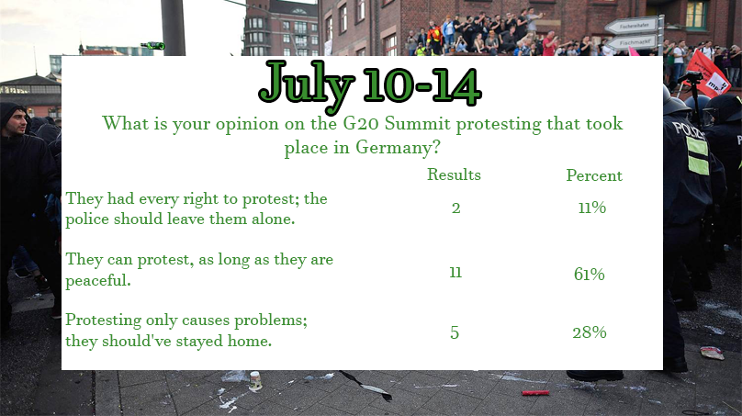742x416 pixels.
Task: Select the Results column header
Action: point(454,174)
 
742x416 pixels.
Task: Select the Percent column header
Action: point(594,175)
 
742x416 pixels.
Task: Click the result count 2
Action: point(455,208)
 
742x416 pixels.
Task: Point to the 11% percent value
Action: point(592,208)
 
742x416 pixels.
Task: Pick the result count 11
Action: point(455,272)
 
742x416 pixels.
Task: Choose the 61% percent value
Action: point(590,274)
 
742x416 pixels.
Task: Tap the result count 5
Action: point(455,332)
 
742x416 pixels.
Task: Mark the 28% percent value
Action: point(590,332)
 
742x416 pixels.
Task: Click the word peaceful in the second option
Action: point(98,281)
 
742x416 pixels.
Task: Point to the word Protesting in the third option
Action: point(103,320)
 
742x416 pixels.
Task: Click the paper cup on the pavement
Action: point(255,380)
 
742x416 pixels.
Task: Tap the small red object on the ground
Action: point(535,393)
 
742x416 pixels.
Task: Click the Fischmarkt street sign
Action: point(632,43)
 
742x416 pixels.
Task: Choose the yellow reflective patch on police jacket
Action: point(698,156)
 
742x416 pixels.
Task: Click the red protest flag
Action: point(708,73)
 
